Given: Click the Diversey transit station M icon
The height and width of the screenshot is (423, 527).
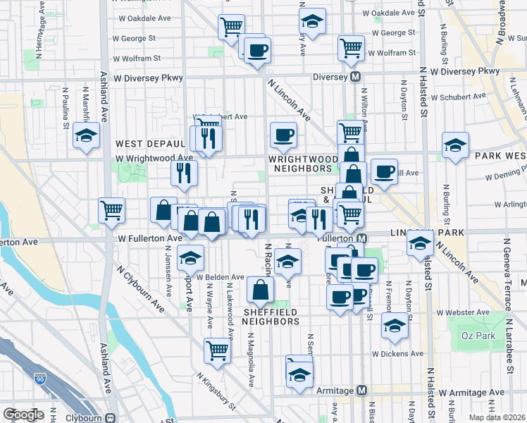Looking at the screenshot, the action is pos(356,75).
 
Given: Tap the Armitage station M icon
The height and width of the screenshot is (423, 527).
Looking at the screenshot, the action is pos(362,391).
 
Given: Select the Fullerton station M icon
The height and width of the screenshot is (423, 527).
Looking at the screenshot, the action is pos(362,239).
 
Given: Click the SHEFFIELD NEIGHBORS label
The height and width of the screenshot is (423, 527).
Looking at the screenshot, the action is pos(271,317).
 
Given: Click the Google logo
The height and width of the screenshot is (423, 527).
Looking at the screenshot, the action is pos(23,415).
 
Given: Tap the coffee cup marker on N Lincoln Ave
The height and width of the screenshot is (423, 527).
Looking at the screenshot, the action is pos(283,134).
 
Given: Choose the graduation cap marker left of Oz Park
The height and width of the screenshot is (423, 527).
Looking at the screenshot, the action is pos(395,325).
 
